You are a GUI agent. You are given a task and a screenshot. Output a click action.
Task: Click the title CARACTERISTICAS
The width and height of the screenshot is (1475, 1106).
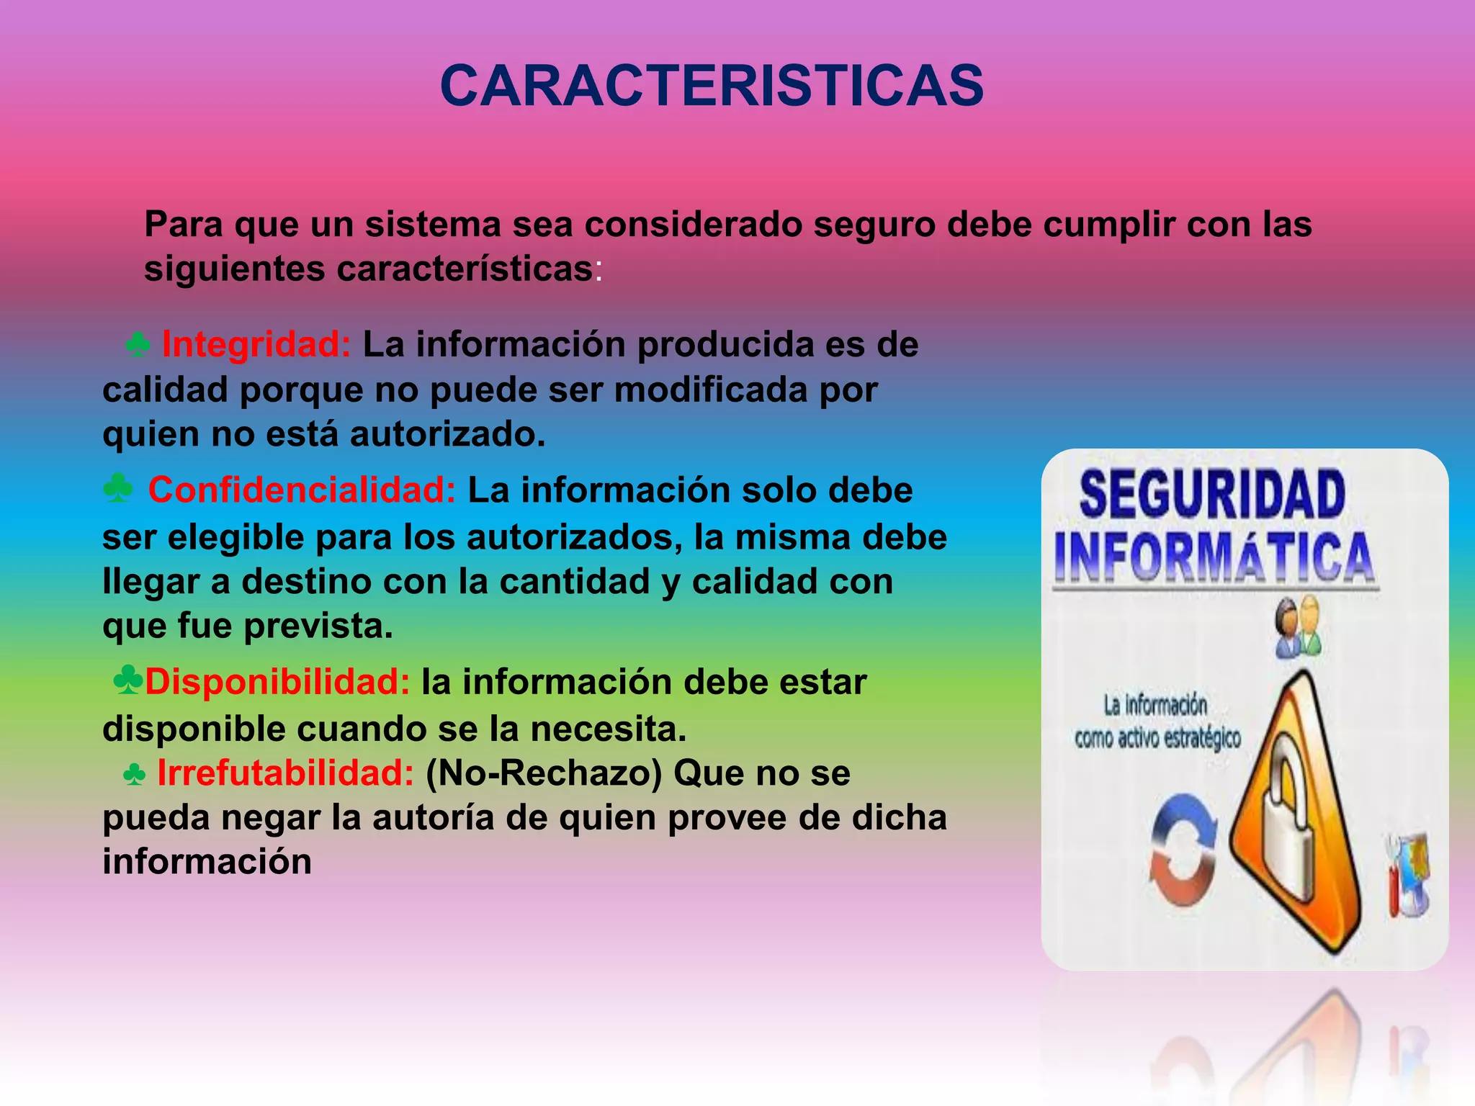point(712,86)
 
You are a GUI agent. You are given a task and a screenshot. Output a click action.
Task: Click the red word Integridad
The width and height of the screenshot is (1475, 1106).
point(256,344)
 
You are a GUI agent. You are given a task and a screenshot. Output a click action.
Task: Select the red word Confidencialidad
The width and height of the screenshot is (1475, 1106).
point(302,490)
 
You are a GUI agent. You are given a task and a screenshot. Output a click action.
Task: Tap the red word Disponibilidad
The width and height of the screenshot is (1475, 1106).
point(277,682)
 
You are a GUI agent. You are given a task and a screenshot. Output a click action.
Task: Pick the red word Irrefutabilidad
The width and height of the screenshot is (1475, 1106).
point(285,773)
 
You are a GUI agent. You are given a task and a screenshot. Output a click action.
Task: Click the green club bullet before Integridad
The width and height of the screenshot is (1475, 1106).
point(138,345)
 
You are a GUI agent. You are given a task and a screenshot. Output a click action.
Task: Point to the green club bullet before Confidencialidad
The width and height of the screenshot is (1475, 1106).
point(118,489)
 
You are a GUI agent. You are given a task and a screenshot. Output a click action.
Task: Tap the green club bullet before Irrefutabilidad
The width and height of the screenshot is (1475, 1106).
point(135,775)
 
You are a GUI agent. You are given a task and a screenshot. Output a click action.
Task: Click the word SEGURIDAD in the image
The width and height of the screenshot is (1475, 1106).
point(1212,494)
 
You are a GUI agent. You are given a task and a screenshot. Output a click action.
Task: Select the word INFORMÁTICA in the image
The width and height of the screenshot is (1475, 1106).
point(1214,557)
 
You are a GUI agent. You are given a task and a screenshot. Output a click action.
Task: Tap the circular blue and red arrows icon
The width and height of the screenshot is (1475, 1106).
point(1183,850)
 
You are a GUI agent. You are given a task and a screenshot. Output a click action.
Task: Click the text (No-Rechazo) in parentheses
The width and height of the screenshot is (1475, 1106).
point(544,773)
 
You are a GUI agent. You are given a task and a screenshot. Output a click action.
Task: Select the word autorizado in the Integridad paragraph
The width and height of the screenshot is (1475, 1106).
point(447,434)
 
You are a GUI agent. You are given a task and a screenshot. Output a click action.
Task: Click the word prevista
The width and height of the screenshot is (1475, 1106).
point(318,626)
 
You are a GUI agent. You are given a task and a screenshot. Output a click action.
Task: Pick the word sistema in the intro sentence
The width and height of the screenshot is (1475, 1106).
point(433,224)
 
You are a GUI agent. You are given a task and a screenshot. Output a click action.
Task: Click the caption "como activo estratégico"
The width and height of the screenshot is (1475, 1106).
point(1157,738)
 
